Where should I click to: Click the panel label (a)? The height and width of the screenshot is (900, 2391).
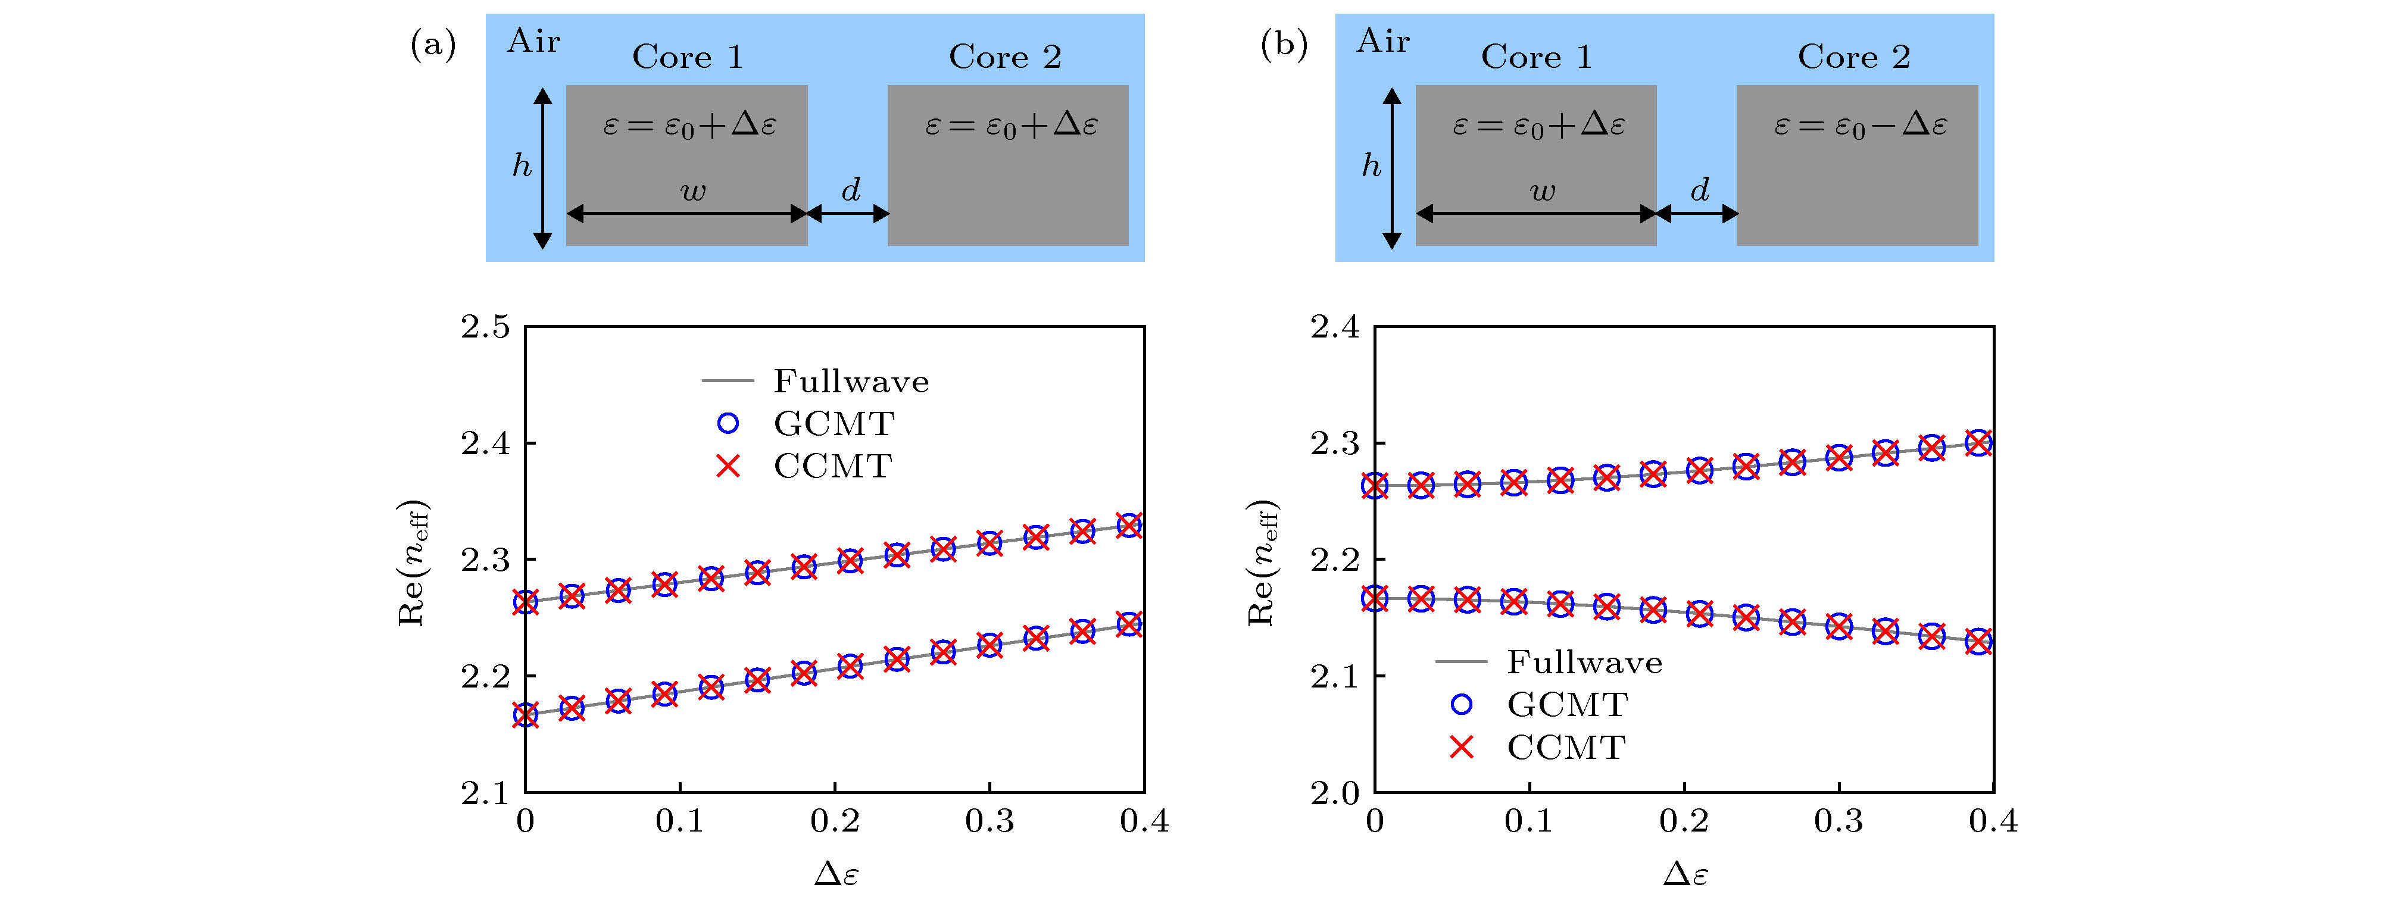(432, 45)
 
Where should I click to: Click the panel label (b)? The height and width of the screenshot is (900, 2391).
(1283, 45)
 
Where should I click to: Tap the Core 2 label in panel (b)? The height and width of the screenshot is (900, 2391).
(1853, 58)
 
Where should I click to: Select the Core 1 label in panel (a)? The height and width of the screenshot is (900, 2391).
(688, 58)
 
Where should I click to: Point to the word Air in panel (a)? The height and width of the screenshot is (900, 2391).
(533, 42)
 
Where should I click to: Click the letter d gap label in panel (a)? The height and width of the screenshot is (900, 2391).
(850, 190)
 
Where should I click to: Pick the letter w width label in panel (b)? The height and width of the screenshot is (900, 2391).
(1542, 192)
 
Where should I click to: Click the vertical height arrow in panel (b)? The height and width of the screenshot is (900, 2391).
(1391, 168)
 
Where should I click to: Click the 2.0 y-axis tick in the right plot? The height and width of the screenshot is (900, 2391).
(1335, 793)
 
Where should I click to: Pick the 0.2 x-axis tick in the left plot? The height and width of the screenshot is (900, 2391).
(835, 821)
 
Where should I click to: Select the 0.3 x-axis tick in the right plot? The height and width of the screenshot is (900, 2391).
(1838, 821)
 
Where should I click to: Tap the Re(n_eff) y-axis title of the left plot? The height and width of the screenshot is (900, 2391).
(412, 563)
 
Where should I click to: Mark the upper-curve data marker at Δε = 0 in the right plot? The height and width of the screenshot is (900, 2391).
(1375, 485)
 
